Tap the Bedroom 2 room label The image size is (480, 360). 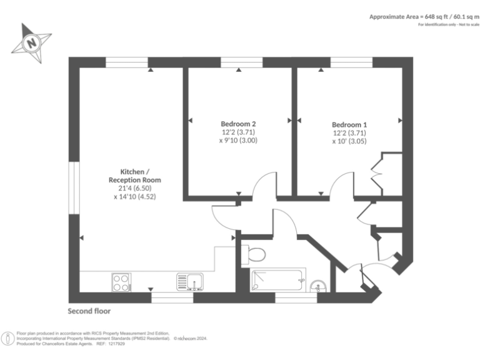pos(237,123)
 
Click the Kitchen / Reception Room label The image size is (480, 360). pos(134,176)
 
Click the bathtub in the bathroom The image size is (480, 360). pos(278,280)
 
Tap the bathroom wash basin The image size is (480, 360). pos(318,286)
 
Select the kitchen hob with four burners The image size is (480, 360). pos(121,282)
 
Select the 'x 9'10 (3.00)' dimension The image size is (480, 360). pos(237,141)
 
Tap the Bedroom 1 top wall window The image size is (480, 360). pos(351,62)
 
